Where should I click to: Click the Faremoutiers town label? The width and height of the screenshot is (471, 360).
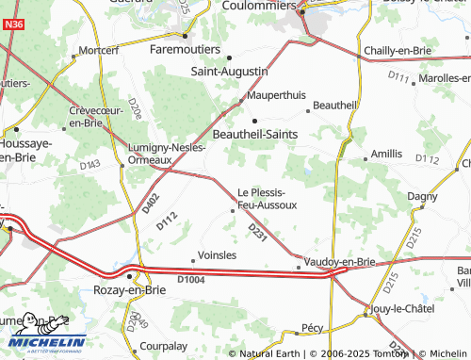pos(185,49)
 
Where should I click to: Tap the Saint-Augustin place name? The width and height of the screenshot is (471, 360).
pos(230,71)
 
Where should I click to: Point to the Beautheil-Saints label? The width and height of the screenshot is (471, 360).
pos(257,135)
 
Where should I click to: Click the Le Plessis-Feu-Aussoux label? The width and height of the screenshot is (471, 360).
pos(267,198)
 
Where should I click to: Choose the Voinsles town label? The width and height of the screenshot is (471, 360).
pos(212,254)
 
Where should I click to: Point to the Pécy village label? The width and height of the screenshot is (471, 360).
pos(312,328)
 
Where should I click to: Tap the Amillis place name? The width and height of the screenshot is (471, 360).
pos(386,153)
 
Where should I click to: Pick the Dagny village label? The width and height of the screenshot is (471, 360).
pos(423,196)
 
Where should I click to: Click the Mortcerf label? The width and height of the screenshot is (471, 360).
pos(100,49)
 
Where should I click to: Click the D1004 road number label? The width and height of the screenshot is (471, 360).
pos(191,279)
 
